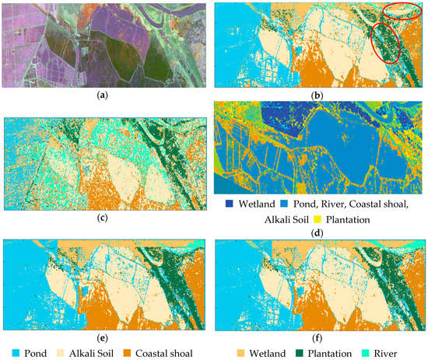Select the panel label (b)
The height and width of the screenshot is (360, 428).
tap(319, 99)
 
